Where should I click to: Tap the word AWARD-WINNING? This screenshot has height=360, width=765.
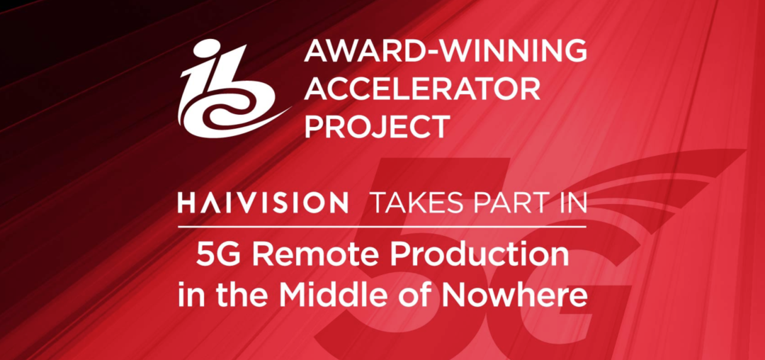point(446,51)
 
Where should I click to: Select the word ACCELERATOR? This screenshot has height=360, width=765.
point(422,89)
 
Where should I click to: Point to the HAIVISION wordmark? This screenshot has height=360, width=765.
point(263,203)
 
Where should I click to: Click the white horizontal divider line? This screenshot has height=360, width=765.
point(382,227)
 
